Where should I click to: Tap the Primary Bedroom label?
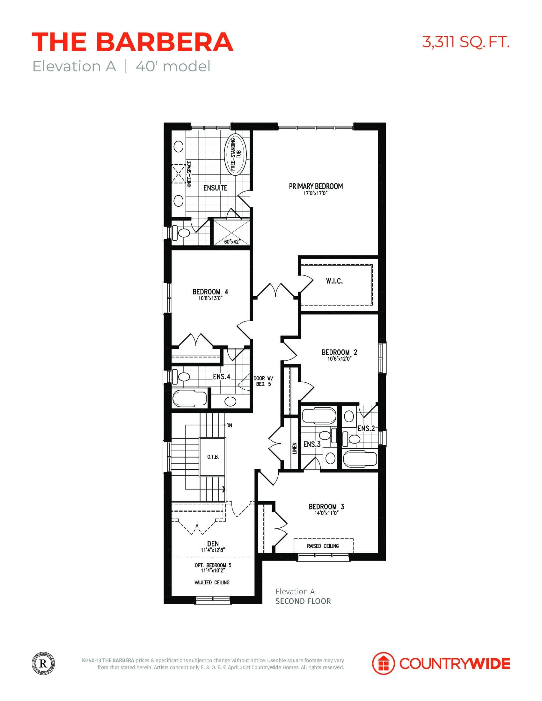(316, 186)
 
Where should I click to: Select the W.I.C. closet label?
(334, 281)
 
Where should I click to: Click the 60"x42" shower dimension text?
(232, 242)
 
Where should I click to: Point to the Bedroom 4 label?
(210, 292)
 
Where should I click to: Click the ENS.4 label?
(222, 377)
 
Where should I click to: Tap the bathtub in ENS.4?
(189, 399)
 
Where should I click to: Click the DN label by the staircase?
(229, 426)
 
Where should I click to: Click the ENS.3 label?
(312, 444)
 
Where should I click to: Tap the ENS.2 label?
(366, 428)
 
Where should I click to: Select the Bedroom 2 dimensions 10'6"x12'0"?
(340, 359)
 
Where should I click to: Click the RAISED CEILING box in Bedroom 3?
(323, 546)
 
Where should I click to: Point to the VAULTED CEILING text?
(212, 582)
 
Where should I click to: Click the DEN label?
(213, 543)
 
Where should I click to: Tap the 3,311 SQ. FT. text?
(465, 42)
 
